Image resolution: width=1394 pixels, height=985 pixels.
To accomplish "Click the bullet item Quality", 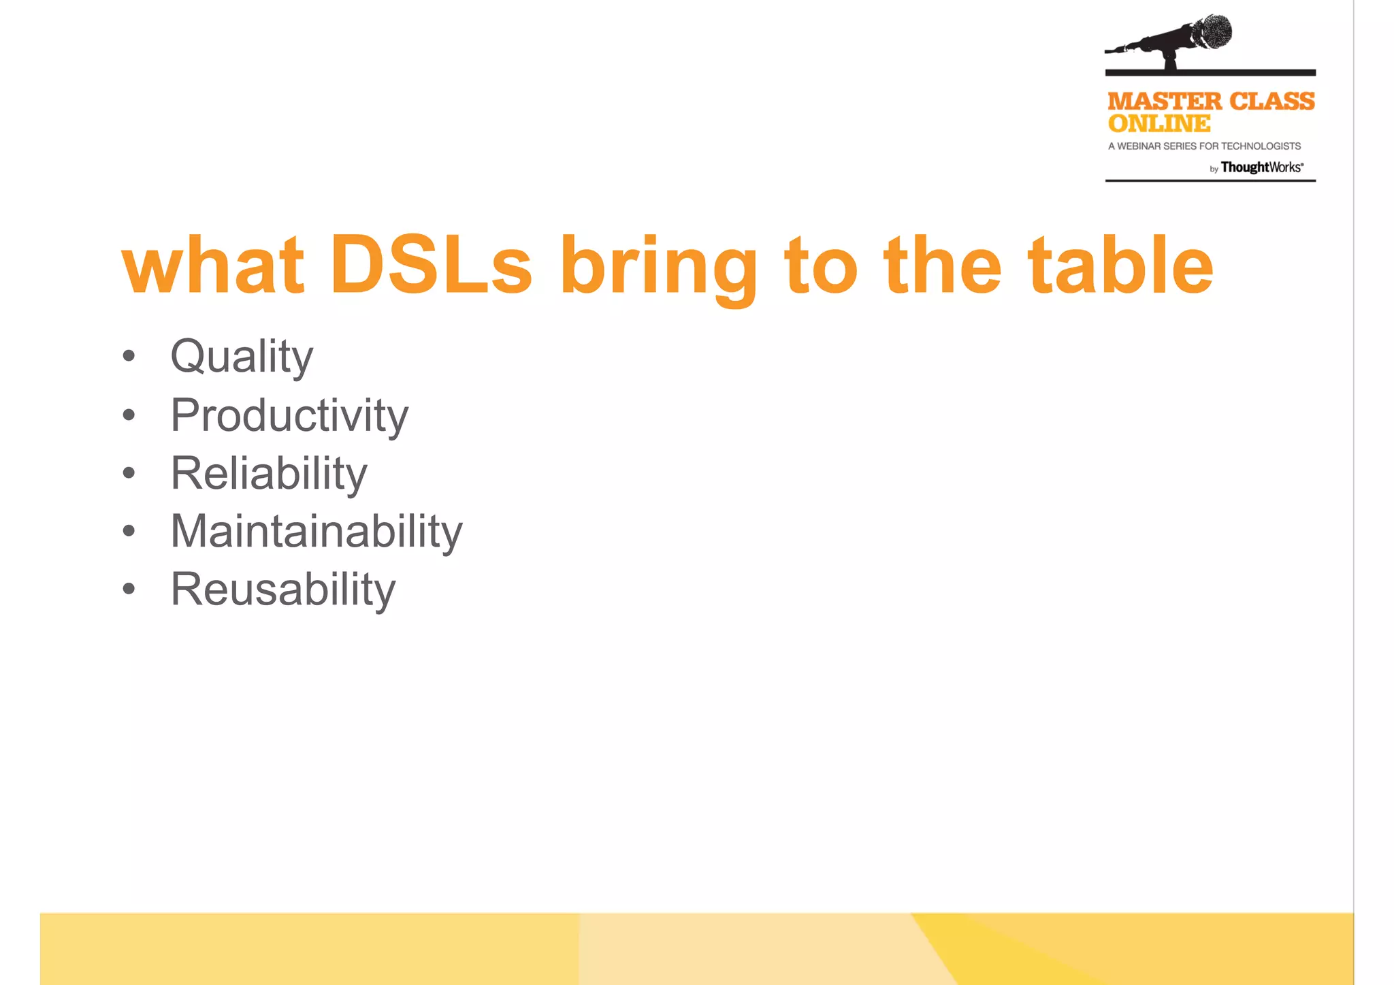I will click(242, 356).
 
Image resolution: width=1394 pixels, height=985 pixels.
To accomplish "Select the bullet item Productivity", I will click(289, 415).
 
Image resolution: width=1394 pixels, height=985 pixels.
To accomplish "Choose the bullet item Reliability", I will click(269, 473).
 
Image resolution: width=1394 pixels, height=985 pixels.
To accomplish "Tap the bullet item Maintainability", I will click(317, 531).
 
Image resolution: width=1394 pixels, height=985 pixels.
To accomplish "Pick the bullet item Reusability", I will click(283, 589).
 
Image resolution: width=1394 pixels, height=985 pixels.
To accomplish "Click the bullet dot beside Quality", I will click(129, 356).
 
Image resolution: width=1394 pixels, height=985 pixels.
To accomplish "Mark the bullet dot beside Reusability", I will click(129, 589).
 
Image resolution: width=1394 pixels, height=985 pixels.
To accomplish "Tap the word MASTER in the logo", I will click(1165, 101).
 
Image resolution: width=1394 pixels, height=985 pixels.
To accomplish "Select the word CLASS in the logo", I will click(1272, 101).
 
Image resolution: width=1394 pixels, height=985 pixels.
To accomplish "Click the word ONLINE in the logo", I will click(1159, 124).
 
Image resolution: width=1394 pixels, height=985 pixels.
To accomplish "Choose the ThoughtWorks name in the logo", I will click(1261, 167).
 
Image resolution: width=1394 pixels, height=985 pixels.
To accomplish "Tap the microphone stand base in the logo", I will click(1171, 65).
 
